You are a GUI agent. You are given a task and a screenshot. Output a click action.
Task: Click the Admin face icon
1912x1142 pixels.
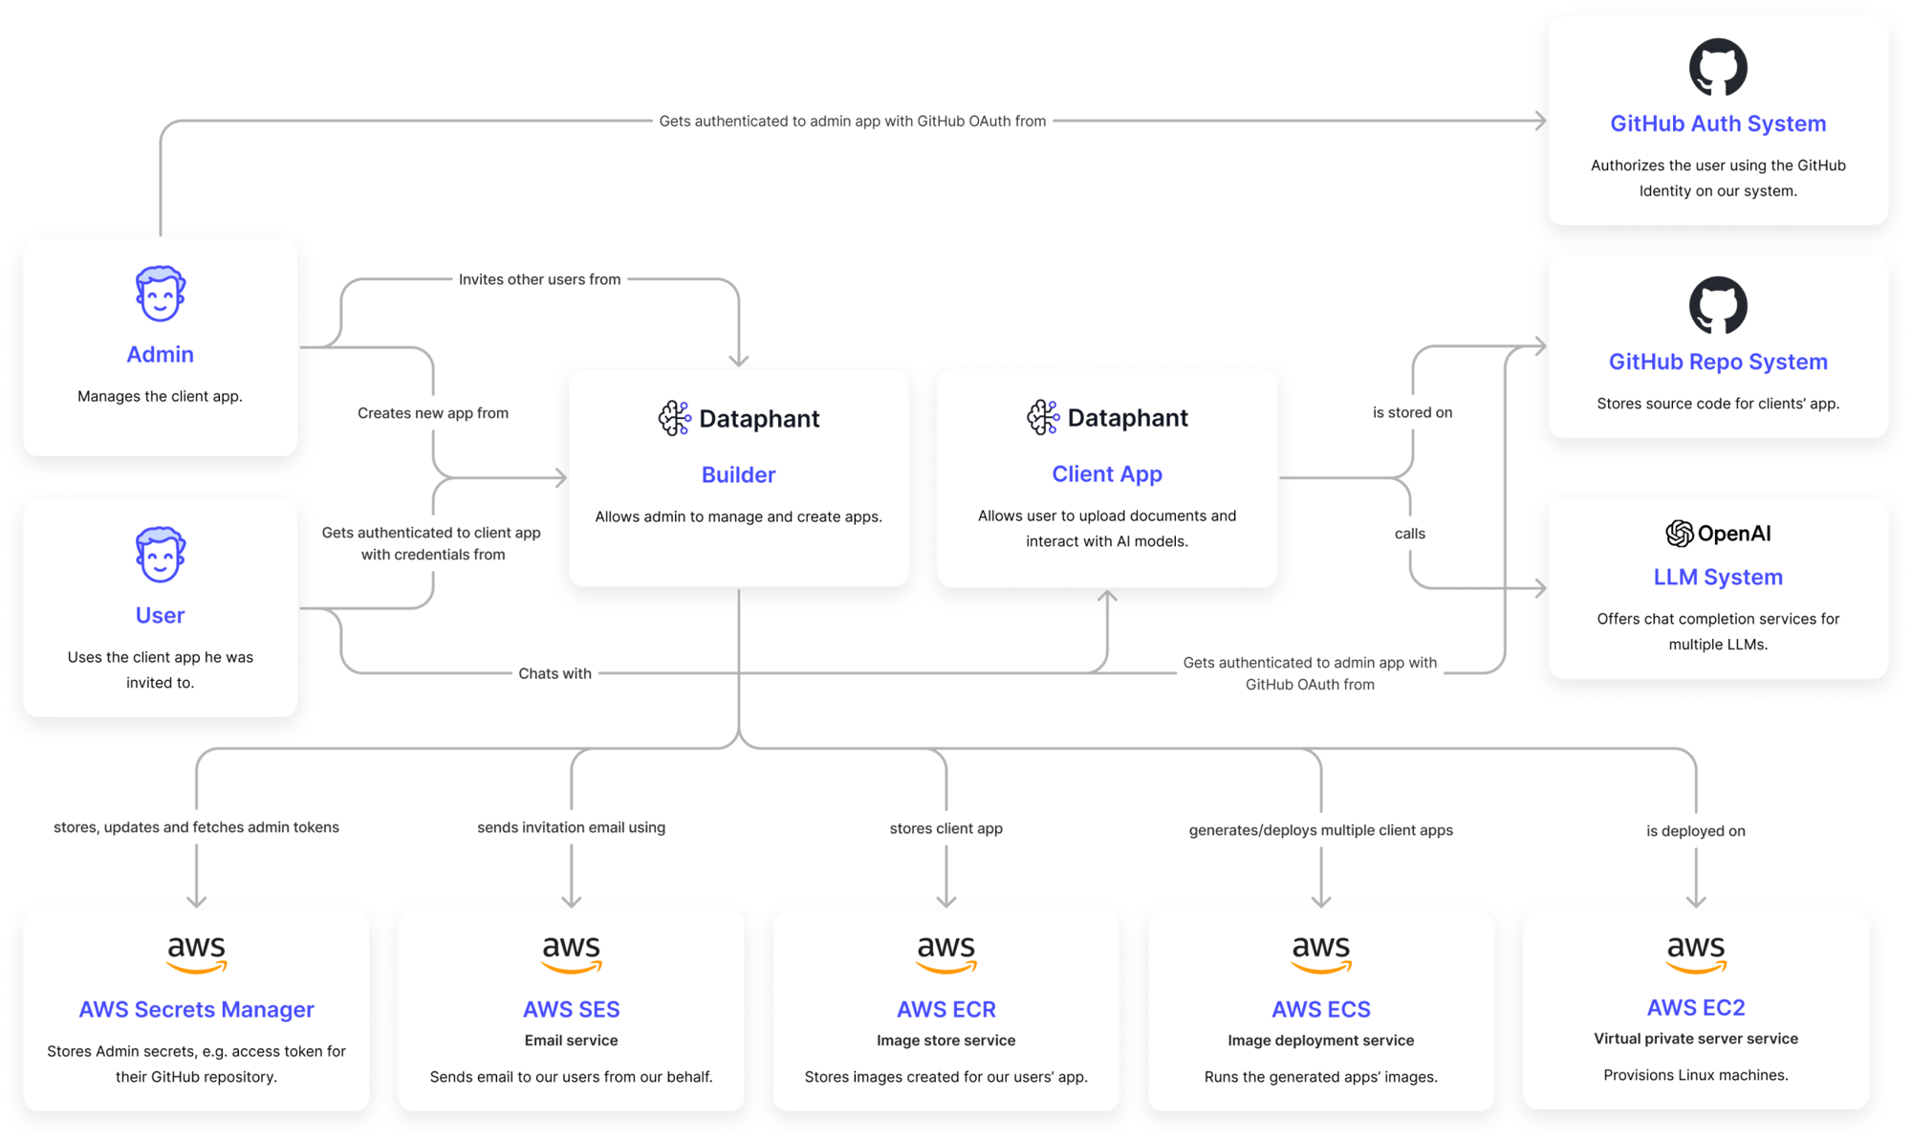click(x=160, y=294)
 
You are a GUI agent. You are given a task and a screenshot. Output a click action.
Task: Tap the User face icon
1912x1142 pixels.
click(x=160, y=555)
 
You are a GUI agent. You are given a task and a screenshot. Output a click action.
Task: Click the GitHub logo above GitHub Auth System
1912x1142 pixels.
click(x=1718, y=67)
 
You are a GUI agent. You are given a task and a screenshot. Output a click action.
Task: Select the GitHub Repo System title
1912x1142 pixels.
click(x=1718, y=362)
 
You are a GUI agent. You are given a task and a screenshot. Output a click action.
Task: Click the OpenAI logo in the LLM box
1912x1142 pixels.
click(x=1680, y=534)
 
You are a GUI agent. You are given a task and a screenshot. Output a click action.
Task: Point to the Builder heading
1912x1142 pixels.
click(x=738, y=474)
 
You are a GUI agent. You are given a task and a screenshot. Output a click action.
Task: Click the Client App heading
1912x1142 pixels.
click(x=1107, y=473)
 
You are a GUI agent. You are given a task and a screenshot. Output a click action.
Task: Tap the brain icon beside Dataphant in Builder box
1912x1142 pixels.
click(x=675, y=418)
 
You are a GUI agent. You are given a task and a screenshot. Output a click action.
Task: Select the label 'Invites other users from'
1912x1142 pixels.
click(x=539, y=279)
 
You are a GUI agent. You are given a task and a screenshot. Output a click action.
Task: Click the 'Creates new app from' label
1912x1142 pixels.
click(x=433, y=413)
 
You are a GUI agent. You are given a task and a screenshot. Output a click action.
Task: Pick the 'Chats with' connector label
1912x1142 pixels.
click(x=554, y=673)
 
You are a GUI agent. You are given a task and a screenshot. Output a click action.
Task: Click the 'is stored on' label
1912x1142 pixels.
click(x=1412, y=412)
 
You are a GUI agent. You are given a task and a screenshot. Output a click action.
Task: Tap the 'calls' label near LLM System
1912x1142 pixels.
click(x=1410, y=534)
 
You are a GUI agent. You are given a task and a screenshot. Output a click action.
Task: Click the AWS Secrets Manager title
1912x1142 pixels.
click(x=196, y=1009)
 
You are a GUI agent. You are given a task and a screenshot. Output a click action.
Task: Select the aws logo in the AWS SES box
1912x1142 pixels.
click(x=571, y=953)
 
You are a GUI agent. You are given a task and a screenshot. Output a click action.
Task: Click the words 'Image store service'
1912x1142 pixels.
click(x=945, y=1041)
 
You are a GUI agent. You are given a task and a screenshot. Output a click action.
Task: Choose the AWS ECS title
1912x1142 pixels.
click(x=1321, y=1009)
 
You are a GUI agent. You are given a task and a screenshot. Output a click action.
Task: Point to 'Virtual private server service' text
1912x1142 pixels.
click(x=1696, y=1039)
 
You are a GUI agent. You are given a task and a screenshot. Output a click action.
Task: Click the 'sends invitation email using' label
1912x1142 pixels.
click(x=571, y=827)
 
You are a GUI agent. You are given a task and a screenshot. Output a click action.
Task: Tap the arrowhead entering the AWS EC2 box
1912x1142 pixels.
click(x=1697, y=900)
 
